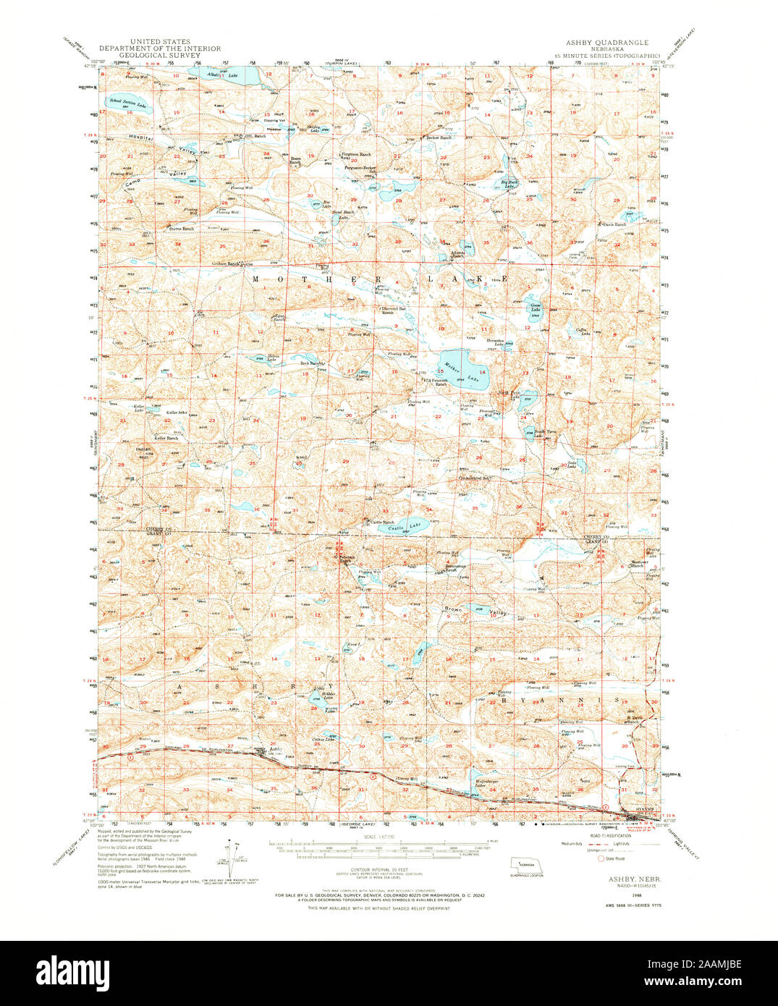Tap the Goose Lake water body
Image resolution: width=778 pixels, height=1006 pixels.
(534, 307)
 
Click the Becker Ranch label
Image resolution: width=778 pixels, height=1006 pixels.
(439, 137)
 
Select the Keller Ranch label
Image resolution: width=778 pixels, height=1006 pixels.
(166, 438)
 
